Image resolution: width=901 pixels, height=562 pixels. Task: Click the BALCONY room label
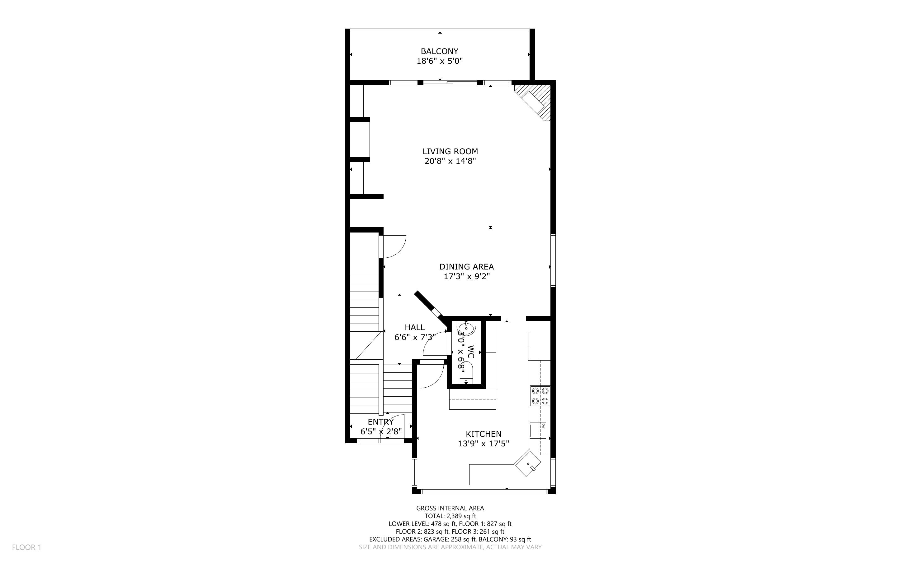pos(439,51)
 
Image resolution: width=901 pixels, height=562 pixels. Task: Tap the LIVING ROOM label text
pos(450,151)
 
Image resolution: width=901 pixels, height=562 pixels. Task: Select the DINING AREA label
pos(466,266)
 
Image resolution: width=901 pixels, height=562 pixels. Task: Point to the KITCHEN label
pos(484,434)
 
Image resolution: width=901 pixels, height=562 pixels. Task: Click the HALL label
pos(415,327)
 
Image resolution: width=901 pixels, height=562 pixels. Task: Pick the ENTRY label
pos(380,422)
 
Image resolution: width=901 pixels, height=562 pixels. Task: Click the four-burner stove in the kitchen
pos(540,396)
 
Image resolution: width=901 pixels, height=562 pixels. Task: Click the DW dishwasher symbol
pos(543,426)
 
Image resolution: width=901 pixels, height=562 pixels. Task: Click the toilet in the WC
pos(466,373)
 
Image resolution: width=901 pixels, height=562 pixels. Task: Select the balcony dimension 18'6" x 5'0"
pos(439,61)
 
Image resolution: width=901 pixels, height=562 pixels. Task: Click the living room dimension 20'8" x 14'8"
pos(450,161)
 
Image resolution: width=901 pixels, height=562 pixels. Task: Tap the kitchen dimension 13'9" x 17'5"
pos(483,444)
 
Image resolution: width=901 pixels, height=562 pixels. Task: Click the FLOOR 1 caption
pos(26,547)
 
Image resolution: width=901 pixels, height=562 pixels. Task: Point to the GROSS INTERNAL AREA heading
pos(450,508)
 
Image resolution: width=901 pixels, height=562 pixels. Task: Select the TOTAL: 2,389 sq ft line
pos(450,516)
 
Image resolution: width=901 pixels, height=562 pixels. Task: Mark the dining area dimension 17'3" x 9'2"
pos(467,276)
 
